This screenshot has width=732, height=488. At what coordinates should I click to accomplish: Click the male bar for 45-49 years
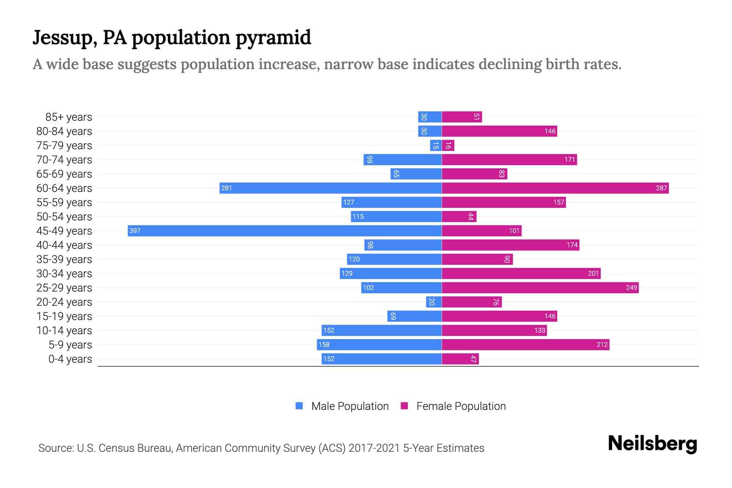(x=285, y=231)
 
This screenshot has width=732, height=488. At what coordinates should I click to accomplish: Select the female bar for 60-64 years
(x=555, y=188)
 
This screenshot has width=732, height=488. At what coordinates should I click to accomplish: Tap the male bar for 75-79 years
(x=436, y=145)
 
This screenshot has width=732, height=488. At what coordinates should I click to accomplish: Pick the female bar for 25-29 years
(x=540, y=288)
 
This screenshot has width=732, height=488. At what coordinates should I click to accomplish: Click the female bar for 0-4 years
(x=460, y=359)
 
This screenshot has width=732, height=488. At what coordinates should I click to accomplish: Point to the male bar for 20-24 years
(x=434, y=302)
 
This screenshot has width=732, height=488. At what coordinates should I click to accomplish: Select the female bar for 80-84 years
(x=499, y=131)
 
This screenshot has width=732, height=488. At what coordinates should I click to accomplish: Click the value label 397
(x=135, y=231)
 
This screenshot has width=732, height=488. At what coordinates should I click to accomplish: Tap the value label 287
(x=661, y=188)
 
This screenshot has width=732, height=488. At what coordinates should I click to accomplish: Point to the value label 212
(x=602, y=344)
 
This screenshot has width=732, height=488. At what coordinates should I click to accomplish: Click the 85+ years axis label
(x=69, y=117)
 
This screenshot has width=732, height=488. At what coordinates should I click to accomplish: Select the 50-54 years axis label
(x=64, y=217)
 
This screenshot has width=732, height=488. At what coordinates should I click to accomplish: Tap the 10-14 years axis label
(x=64, y=331)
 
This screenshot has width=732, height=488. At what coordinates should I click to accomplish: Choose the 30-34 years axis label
(x=64, y=274)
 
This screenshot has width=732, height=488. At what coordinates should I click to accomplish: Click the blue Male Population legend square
(x=299, y=406)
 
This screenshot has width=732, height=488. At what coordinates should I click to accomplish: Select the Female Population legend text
(x=461, y=406)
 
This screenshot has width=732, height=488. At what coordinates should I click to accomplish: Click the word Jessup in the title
(x=64, y=37)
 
